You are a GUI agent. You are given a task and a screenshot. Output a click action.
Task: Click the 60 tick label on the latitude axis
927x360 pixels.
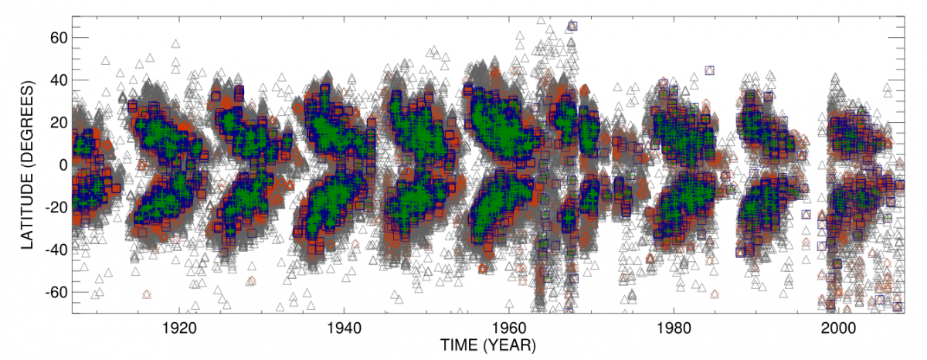(x=59, y=38)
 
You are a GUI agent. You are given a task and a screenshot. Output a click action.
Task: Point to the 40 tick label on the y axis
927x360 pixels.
(x=59, y=80)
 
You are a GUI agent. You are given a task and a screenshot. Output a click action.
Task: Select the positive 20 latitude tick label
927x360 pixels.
(x=59, y=123)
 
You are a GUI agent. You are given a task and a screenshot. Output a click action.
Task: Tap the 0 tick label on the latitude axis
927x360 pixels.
(x=64, y=165)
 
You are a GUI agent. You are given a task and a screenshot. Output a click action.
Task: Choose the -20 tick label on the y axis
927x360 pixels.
(x=56, y=208)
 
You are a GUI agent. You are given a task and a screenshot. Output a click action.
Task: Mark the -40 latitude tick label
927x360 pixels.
(x=56, y=250)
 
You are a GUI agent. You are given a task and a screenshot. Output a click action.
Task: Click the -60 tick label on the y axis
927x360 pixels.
(x=56, y=293)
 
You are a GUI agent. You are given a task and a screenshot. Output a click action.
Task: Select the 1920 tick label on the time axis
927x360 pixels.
(x=179, y=327)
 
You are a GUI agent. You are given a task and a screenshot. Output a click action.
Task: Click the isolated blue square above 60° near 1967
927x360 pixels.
(x=572, y=26)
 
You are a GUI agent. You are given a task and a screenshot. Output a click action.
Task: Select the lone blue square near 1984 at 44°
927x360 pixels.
(x=709, y=70)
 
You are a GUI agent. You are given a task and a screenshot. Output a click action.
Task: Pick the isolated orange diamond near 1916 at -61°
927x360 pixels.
(x=147, y=294)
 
